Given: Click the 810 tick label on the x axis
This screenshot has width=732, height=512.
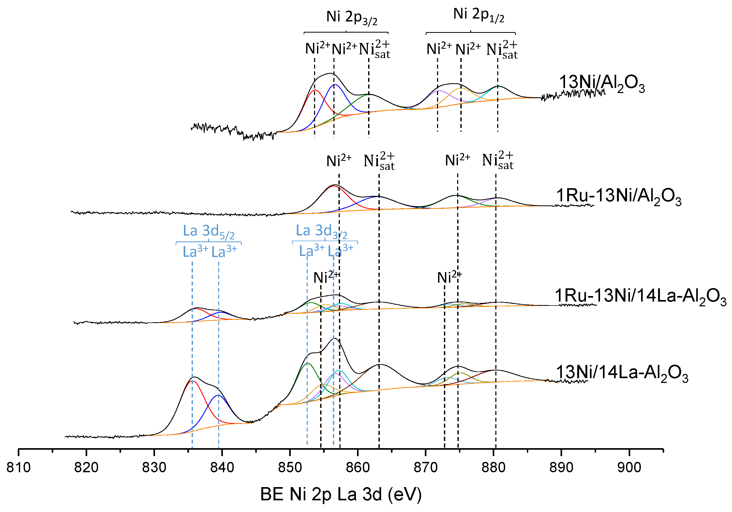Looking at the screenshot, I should pyautogui.click(x=19, y=468).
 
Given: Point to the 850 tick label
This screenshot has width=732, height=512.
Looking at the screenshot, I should pyautogui.click(x=290, y=468).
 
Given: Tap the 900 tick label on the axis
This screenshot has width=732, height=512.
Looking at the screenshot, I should pyautogui.click(x=629, y=468).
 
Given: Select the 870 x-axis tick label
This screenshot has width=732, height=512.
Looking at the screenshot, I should pyautogui.click(x=426, y=468).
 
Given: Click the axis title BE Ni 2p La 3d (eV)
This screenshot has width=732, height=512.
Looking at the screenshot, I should pyautogui.click(x=341, y=495).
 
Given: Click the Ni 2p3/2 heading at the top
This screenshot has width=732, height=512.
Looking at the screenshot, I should pyautogui.click(x=352, y=18).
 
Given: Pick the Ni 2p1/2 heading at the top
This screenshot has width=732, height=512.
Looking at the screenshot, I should pyautogui.click(x=479, y=15).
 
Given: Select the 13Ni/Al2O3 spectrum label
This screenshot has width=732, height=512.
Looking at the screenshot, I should pyautogui.click(x=602, y=83).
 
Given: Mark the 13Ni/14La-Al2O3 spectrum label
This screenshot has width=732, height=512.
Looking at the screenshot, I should pyautogui.click(x=622, y=373).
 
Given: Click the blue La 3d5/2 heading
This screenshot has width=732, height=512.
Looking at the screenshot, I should pyautogui.click(x=209, y=231).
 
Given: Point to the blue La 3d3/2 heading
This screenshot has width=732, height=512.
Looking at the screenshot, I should pyautogui.click(x=321, y=231).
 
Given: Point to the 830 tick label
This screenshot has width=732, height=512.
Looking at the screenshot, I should pyautogui.click(x=154, y=468).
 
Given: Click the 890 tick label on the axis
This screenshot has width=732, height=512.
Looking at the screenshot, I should pyautogui.click(x=561, y=468).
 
